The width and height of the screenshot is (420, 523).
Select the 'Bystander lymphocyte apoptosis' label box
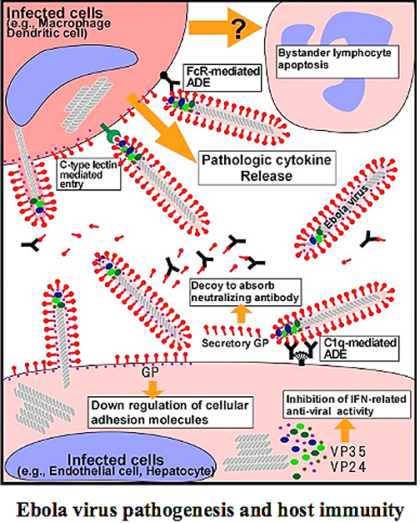337,62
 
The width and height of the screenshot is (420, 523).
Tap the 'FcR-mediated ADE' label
222,78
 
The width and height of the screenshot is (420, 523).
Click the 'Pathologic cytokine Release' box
267,168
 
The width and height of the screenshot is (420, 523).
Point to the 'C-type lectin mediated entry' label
88,174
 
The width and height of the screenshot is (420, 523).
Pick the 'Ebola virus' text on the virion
347,207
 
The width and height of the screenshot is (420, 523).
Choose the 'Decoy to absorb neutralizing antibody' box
245,292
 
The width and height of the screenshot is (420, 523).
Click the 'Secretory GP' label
235,343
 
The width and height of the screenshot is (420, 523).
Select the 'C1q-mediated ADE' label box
359,349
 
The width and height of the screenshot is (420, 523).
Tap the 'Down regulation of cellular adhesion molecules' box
170,412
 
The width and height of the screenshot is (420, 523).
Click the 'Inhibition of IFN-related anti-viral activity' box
347,405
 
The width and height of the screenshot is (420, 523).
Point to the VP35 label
348,451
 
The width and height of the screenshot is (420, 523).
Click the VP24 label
348,467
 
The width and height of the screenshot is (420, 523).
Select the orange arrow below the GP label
152,389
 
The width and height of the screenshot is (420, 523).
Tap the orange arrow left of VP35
345,430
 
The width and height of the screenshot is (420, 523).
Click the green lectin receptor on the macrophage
110,133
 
